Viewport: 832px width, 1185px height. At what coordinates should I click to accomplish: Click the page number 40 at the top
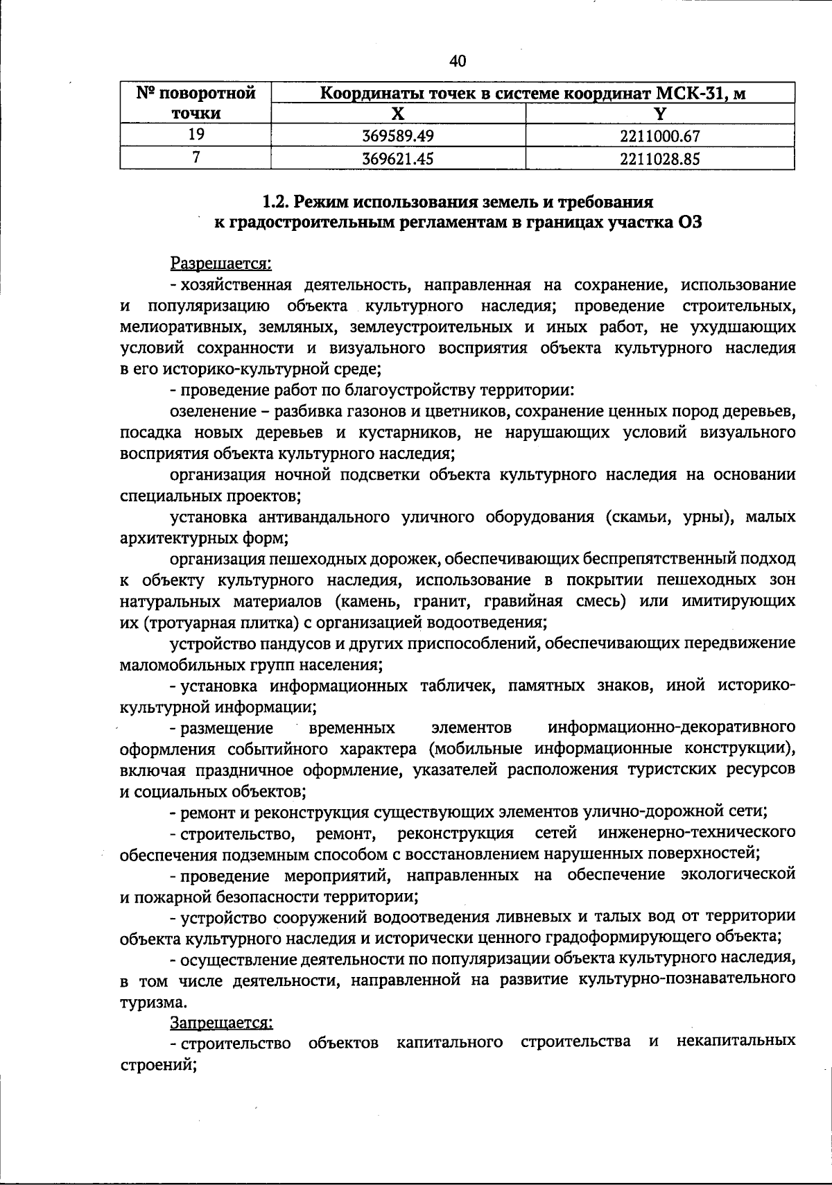(458, 62)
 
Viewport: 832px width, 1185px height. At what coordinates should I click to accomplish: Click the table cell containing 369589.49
(398, 136)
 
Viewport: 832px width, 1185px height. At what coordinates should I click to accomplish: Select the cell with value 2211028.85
(659, 159)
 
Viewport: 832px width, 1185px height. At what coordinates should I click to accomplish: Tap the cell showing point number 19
(196, 135)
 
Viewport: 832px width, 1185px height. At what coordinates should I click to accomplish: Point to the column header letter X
(398, 113)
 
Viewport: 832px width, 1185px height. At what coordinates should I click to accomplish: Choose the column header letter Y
(660, 113)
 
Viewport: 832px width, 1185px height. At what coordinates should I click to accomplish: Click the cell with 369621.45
(398, 159)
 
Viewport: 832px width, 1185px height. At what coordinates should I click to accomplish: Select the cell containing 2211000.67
(659, 136)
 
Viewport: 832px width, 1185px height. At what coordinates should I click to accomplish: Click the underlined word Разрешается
(220, 263)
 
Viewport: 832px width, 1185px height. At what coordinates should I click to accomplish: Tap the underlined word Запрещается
(221, 1022)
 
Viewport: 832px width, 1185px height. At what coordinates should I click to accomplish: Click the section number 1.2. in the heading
(276, 202)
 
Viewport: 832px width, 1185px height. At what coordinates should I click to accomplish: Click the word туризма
(153, 1002)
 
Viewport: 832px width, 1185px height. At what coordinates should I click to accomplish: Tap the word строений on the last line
(158, 1065)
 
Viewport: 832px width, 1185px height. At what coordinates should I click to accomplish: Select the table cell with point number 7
(196, 159)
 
